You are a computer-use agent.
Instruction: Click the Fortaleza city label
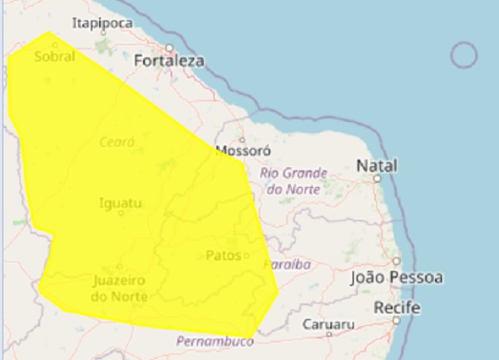click(x=169, y=62)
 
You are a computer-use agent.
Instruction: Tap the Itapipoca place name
click(x=102, y=23)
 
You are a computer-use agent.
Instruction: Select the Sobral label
click(x=55, y=57)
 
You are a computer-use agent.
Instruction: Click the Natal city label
click(x=377, y=165)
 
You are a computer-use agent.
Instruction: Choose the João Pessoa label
click(x=396, y=278)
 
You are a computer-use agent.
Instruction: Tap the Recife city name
click(x=396, y=308)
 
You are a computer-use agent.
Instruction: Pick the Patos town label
click(x=223, y=255)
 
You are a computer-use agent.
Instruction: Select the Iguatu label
click(x=121, y=202)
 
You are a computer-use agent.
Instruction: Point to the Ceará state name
click(x=116, y=142)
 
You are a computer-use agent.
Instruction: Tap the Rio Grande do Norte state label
click(x=294, y=181)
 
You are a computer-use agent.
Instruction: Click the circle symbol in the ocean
click(x=463, y=56)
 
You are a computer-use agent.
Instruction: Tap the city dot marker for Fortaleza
click(x=169, y=47)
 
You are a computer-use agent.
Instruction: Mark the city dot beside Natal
click(x=377, y=178)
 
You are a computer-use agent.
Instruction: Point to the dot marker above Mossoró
click(x=242, y=140)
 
